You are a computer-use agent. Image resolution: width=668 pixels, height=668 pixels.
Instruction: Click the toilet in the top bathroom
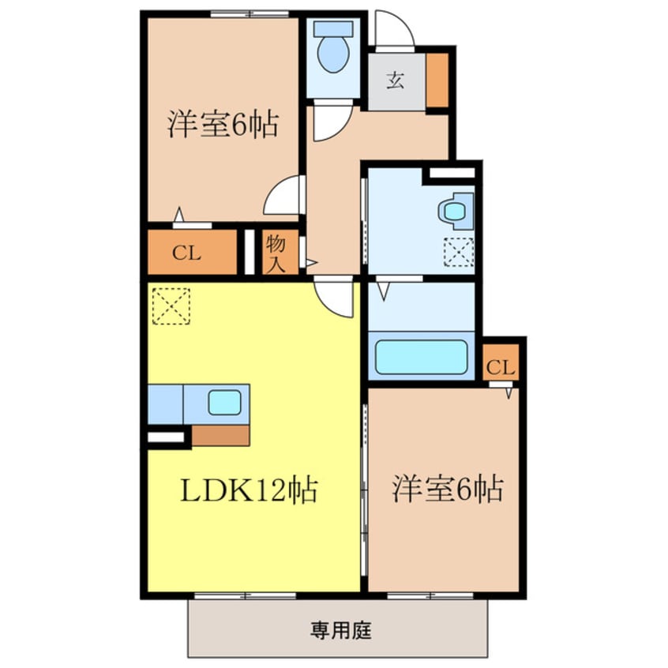[x=332, y=49]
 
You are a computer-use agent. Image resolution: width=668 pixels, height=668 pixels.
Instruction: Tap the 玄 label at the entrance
[x=395, y=80]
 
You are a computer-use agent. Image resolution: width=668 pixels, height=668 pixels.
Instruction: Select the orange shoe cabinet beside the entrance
[x=437, y=80]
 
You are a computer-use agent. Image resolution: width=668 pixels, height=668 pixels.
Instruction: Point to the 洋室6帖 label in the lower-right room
[x=448, y=490]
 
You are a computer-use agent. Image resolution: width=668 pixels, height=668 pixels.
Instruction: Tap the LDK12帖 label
[x=249, y=490]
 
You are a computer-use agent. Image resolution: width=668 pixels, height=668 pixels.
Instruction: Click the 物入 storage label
[x=275, y=253]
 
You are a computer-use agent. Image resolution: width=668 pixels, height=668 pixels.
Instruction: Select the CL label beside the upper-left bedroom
[x=187, y=254]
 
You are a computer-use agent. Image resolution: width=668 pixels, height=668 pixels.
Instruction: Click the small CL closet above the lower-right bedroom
[x=501, y=366]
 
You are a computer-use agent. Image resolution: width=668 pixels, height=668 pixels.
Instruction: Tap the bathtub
[x=421, y=357]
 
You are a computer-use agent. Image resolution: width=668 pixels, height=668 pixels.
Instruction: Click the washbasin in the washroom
[x=454, y=211]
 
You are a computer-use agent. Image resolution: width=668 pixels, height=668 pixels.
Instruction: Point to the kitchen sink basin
[x=224, y=403]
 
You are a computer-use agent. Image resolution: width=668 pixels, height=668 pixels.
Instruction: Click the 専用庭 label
[x=340, y=630]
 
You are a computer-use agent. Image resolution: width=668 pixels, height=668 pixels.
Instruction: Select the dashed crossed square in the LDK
[x=171, y=305]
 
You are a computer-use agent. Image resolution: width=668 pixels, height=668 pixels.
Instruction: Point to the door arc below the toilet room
[x=330, y=123]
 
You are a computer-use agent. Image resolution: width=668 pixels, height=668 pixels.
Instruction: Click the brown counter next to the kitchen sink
[x=220, y=435]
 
